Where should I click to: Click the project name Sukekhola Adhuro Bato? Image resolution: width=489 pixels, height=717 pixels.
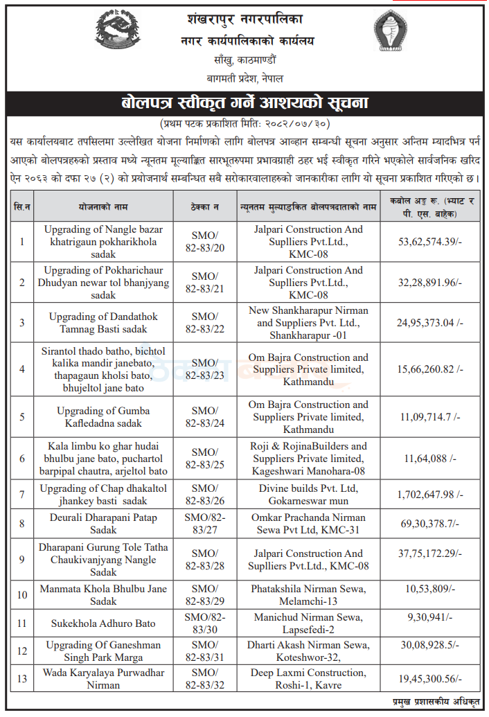[103, 623]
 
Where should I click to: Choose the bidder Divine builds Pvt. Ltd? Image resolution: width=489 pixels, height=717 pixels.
[308, 495]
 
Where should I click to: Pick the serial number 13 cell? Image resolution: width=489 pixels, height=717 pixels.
[22, 678]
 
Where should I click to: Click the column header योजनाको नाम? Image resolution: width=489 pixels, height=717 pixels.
[103, 206]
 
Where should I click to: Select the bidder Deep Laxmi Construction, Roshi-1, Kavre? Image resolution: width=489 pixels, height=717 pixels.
[308, 678]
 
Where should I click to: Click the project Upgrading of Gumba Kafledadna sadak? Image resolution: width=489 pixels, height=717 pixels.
[103, 416]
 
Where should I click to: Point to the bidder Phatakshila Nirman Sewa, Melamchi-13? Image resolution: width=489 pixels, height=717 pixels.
[308, 594]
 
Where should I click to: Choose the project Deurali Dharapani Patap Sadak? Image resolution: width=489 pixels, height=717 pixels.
[103, 524]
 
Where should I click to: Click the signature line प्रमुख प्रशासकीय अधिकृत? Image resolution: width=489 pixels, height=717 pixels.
[435, 702]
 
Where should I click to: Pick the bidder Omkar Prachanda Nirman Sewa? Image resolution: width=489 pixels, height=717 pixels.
[308, 524]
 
